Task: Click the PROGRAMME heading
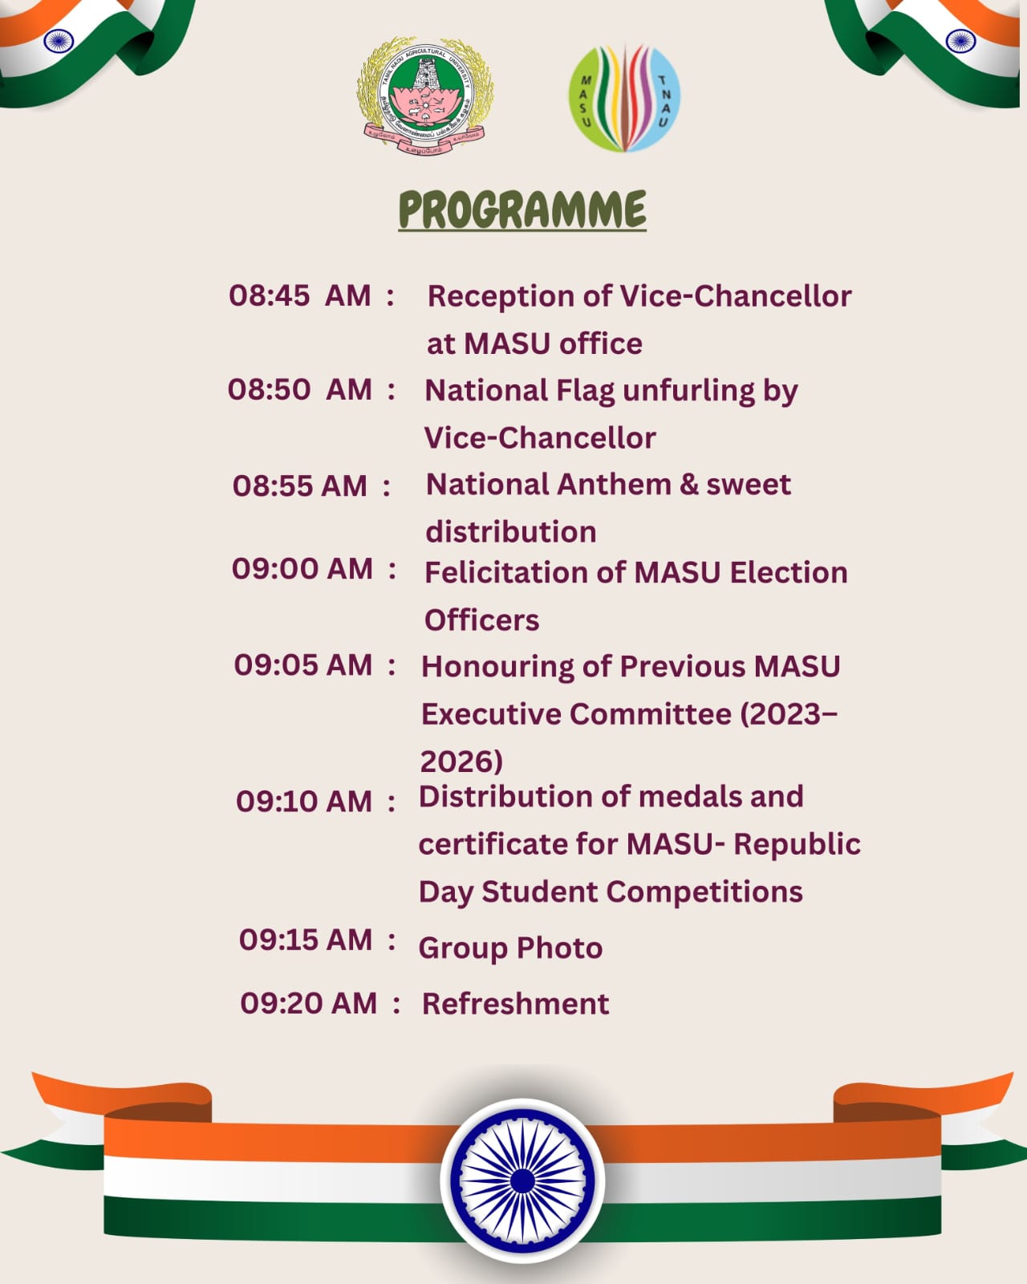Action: click(522, 210)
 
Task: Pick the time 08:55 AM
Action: click(299, 486)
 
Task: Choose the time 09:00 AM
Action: click(302, 569)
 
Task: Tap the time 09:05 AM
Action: click(302, 665)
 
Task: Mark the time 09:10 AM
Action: click(303, 802)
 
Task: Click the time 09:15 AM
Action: click(305, 940)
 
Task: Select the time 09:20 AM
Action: click(308, 1003)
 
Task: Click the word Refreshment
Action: click(515, 1004)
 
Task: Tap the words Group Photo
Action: click(510, 949)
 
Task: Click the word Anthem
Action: click(614, 485)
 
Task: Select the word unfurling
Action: click(688, 391)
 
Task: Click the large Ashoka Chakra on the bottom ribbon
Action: click(522, 1180)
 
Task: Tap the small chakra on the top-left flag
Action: click(58, 41)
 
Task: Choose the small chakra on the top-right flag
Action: click(960, 41)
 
